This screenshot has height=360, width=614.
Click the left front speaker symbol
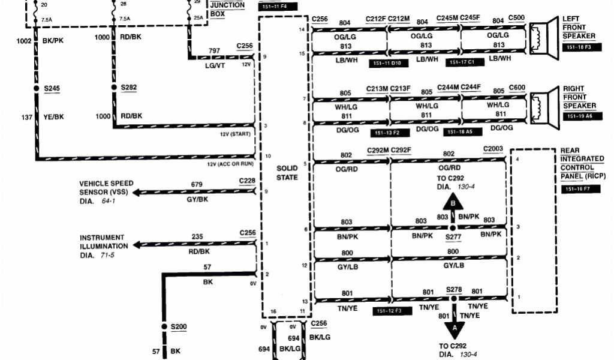click(543, 35)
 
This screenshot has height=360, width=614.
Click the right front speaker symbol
click(543, 106)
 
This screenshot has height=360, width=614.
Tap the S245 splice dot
click(36, 89)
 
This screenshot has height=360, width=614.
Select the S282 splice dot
click(113, 89)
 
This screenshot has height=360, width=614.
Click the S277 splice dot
click(453, 229)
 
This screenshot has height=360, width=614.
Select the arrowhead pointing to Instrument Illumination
click(137, 245)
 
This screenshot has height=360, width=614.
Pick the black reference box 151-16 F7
click(580, 189)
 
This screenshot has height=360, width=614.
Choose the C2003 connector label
click(493, 149)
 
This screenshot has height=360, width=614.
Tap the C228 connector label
click(246, 181)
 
